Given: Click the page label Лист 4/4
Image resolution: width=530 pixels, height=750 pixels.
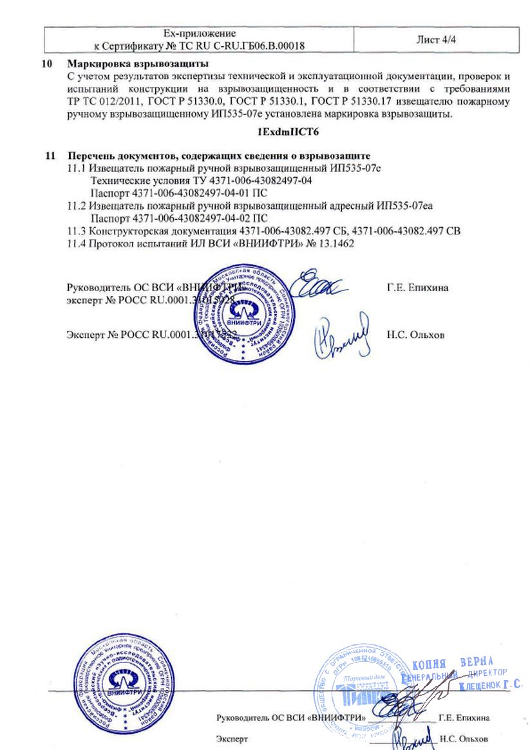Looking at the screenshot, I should point(436,39).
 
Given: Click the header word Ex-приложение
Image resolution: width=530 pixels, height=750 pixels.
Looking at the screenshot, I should point(200,33).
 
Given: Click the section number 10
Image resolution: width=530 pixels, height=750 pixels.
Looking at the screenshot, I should point(46,65).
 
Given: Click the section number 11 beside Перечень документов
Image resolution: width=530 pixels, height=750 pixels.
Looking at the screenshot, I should point(50,156).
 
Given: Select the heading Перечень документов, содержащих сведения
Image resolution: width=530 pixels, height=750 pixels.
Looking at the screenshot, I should point(219,156).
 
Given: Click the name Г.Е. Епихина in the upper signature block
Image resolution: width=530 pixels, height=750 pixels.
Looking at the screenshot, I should point(418,288).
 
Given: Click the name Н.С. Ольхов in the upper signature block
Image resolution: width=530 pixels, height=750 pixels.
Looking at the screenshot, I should point(416,335).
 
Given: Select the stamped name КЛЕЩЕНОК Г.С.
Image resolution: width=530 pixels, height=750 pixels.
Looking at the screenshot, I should point(491,686).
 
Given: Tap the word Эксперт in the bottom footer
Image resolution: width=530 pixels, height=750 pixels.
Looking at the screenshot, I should point(232,740).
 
